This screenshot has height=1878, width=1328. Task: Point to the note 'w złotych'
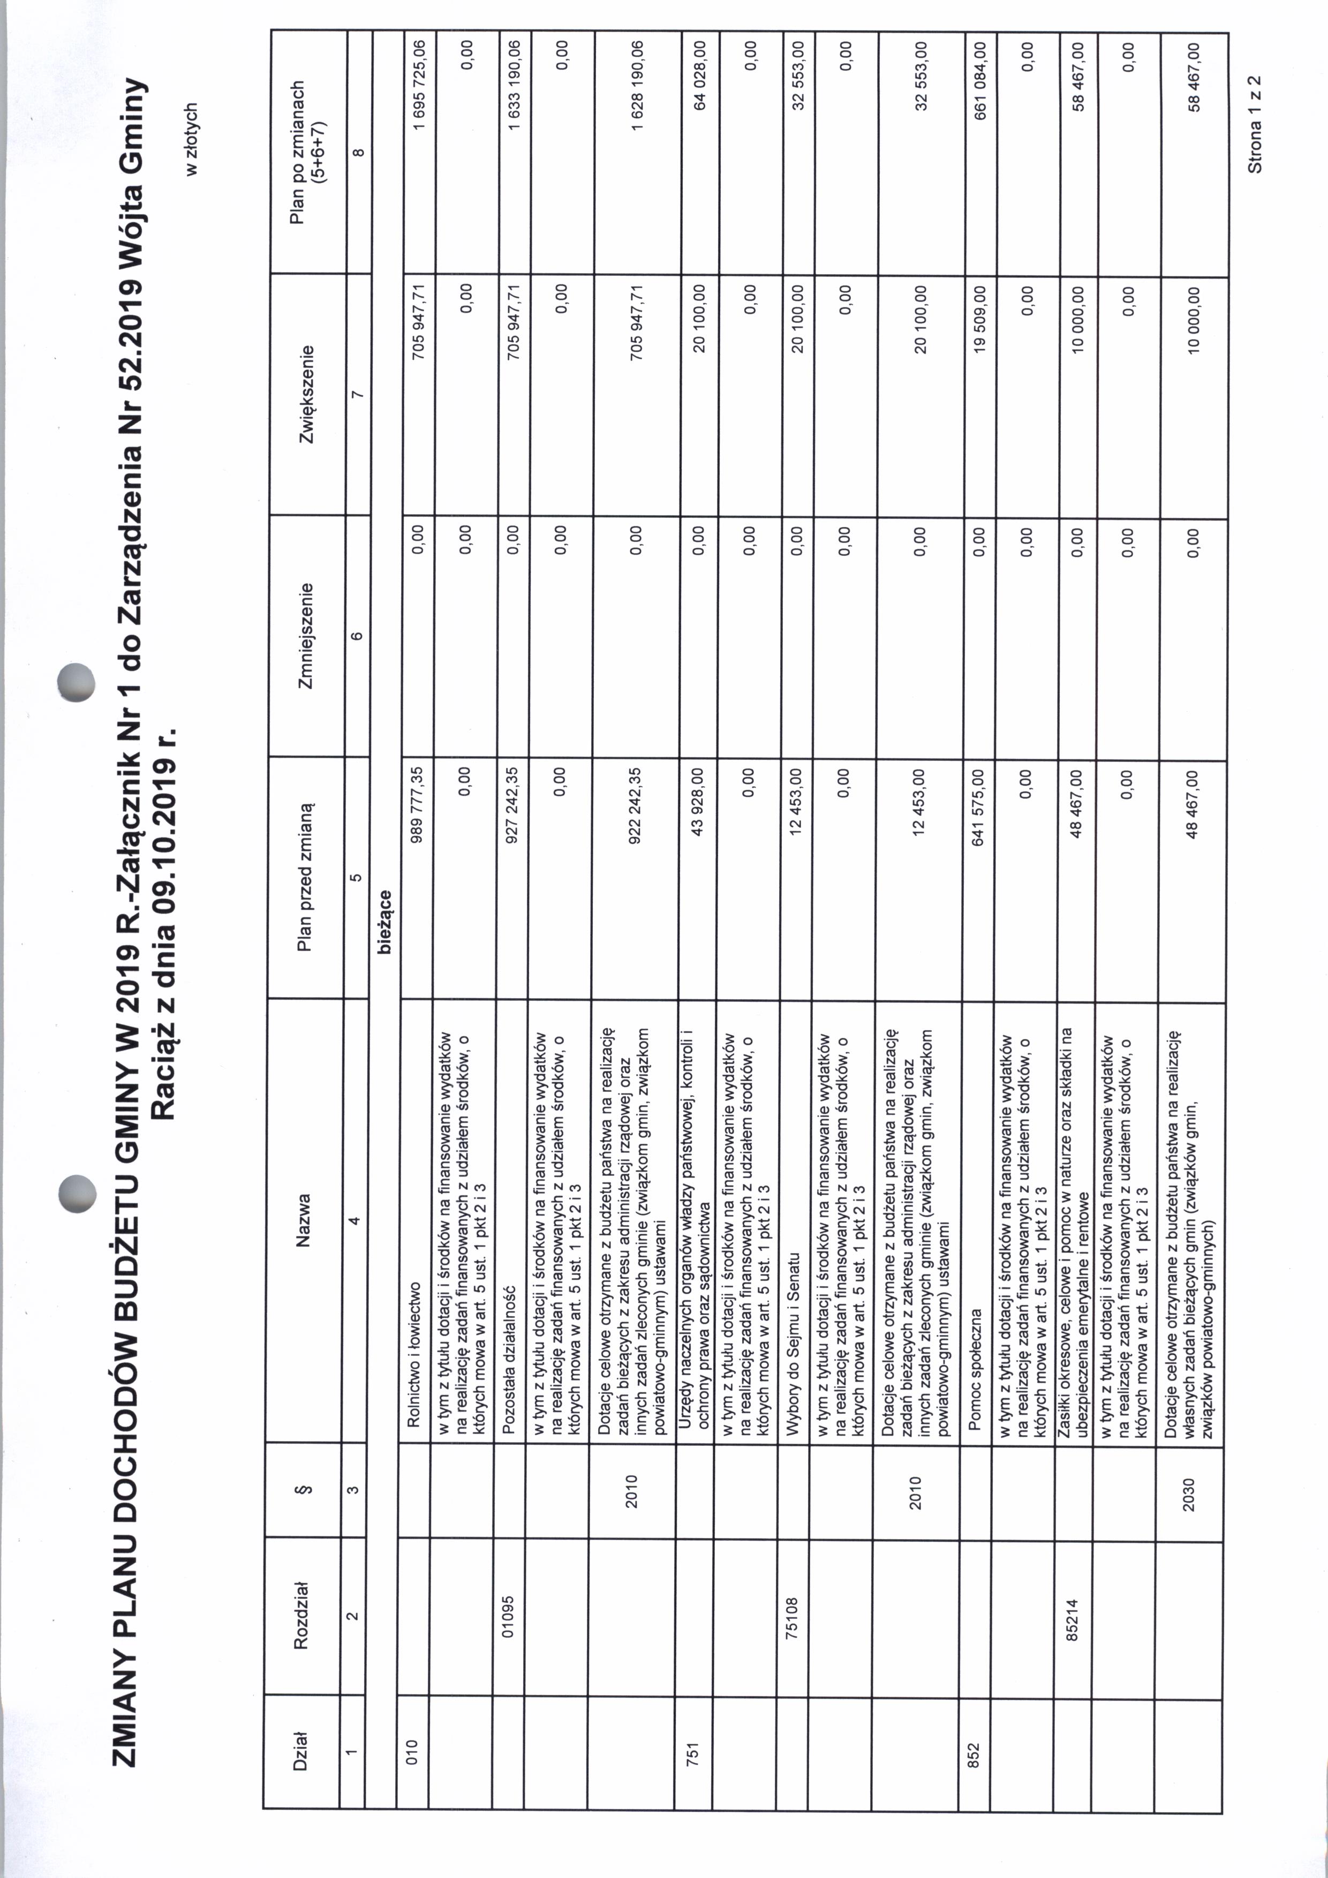191,139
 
